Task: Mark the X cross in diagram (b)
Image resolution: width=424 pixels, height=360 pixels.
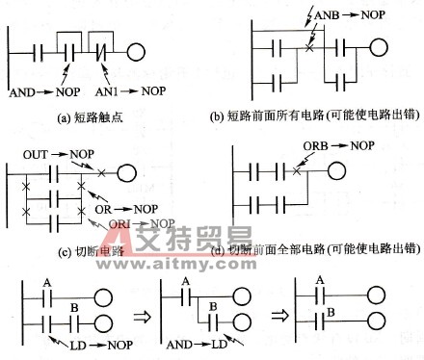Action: [x=307, y=46]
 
